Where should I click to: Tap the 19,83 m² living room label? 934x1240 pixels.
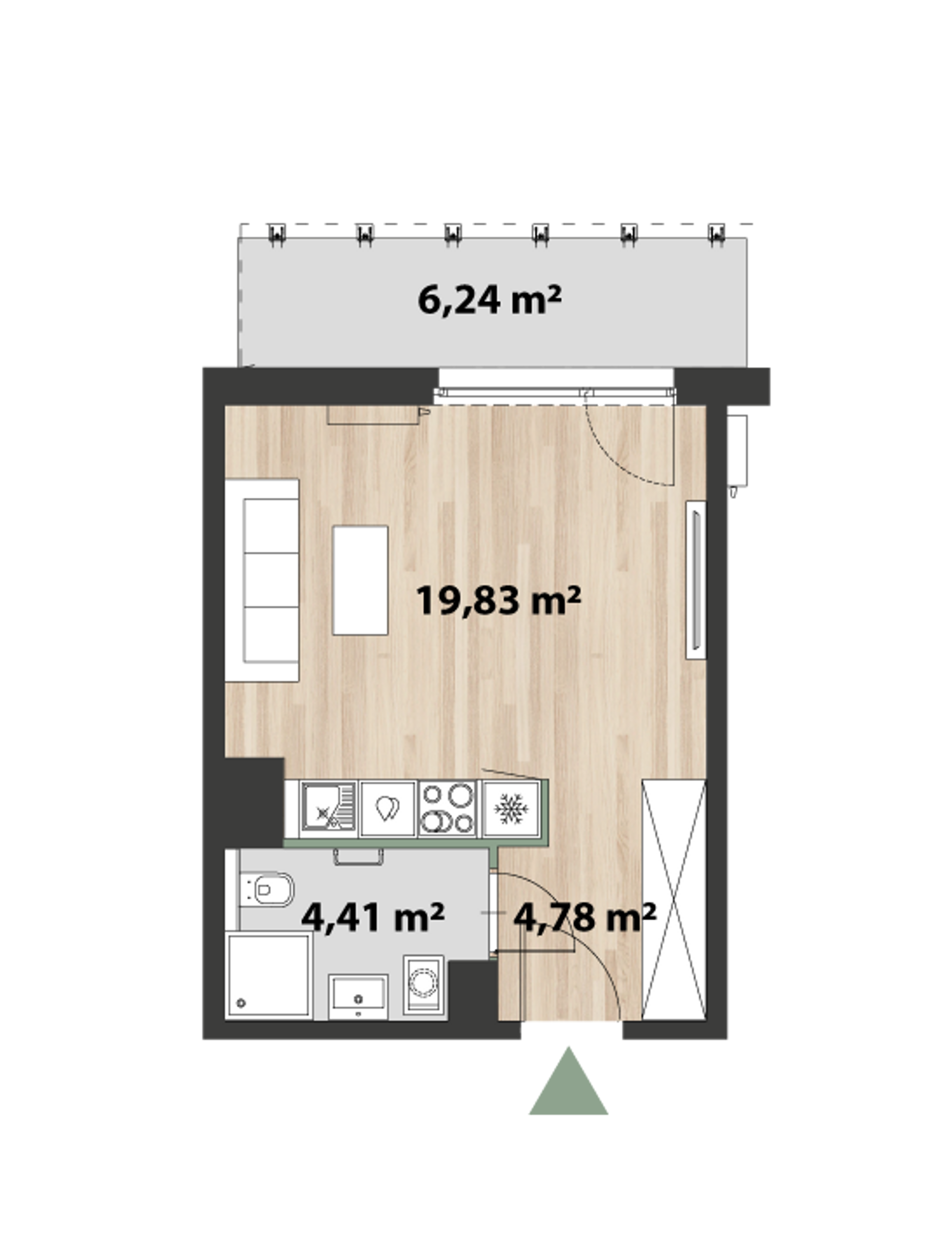coord(498,600)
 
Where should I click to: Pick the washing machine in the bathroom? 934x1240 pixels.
coord(424,985)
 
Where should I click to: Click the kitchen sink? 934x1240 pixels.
coord(329,808)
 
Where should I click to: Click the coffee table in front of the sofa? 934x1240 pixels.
coord(360,580)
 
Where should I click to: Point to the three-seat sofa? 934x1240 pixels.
coord(262,580)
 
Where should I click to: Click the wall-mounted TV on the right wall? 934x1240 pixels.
coord(696,580)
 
